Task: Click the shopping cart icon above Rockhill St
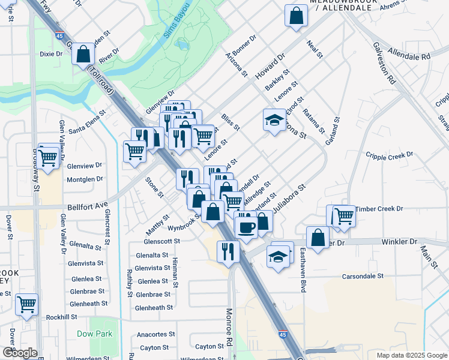(x=26, y=304)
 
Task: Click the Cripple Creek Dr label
(x=390, y=155)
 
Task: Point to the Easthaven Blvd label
(x=303, y=271)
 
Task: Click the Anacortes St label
(x=155, y=334)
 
